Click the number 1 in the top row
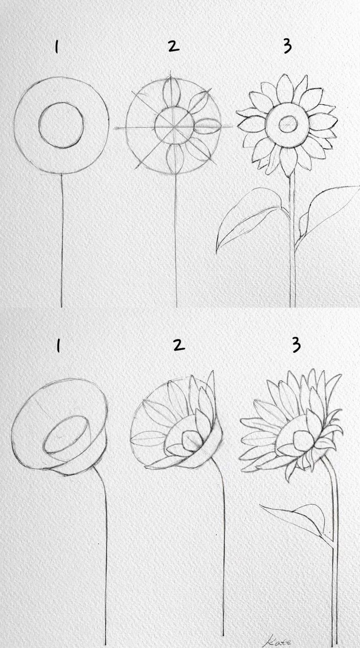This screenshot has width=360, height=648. click(57, 47)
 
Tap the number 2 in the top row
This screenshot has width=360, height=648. click(173, 46)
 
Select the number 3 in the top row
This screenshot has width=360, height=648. click(288, 46)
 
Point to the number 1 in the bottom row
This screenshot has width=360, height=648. click(58, 347)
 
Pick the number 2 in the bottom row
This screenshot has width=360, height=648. click(179, 345)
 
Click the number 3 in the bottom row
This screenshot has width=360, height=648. click(295, 345)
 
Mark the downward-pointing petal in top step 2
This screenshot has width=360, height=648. click(174, 158)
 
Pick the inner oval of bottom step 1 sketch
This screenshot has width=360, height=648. click(66, 434)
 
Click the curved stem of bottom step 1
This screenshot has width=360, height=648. click(105, 538)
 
